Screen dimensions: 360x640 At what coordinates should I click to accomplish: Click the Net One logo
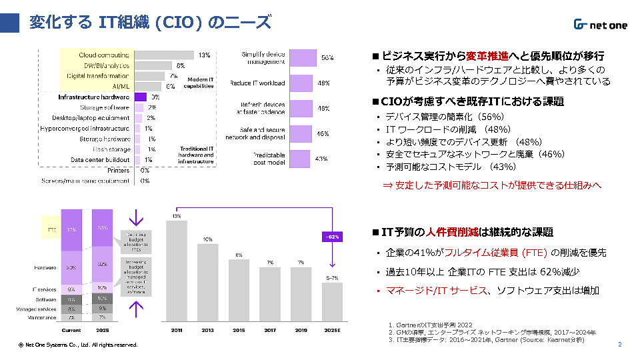pos(600,25)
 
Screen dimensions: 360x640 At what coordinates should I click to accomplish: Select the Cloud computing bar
pos(165,55)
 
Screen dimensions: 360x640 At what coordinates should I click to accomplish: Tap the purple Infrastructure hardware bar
pos(140,97)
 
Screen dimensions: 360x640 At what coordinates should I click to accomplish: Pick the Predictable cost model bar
pos(300,159)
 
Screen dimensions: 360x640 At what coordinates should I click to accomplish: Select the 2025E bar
pos(332,301)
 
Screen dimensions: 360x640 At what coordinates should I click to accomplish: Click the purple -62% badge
pos(332,237)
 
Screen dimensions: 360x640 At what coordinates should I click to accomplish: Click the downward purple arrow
pos(137,218)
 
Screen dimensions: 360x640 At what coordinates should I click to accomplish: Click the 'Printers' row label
pos(119,170)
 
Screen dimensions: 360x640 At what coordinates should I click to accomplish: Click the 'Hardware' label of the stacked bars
pos(45,267)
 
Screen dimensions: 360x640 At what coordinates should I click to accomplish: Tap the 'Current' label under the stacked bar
pos(71,329)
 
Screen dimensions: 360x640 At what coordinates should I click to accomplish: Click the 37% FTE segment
pos(71,230)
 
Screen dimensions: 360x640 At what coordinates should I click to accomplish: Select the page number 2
pos(619,345)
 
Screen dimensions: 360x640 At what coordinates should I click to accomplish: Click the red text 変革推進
pos(487,55)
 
